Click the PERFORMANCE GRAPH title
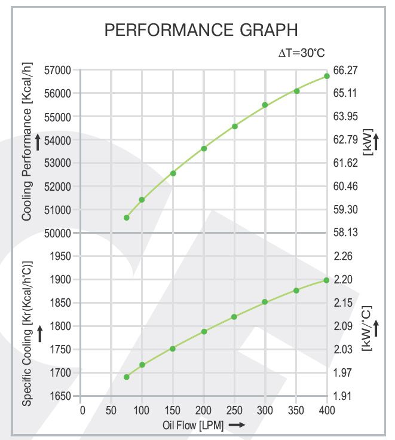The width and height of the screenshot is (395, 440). (x=201, y=30)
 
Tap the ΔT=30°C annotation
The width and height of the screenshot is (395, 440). (x=302, y=53)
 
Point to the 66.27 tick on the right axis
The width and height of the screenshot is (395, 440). (x=345, y=70)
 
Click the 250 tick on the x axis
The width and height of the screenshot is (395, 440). (x=234, y=410)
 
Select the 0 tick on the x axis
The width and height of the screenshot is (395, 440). (x=82, y=410)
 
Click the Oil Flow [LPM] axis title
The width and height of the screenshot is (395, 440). (x=192, y=425)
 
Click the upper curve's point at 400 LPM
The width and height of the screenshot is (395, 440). (x=327, y=76)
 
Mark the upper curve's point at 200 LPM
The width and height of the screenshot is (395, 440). (x=204, y=148)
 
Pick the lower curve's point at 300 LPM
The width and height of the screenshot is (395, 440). (x=265, y=302)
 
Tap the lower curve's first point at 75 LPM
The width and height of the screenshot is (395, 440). (x=127, y=377)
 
